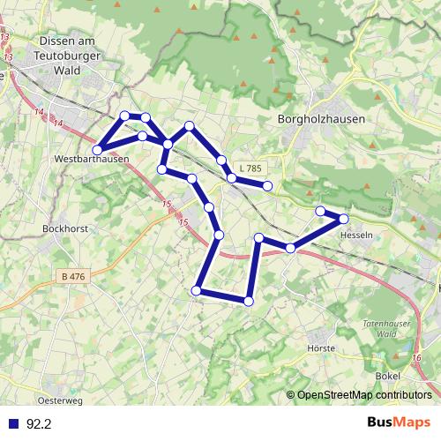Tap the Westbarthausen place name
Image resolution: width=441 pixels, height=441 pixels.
click(92, 160)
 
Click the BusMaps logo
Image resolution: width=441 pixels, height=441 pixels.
click(398, 423)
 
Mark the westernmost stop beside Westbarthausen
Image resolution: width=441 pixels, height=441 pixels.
click(97, 150)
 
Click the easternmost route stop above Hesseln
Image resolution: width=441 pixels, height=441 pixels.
click(344, 218)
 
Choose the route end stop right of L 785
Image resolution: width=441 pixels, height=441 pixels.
click(267, 185)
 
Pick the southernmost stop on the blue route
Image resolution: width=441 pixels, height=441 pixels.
click(249, 301)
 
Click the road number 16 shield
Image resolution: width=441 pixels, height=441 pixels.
click(415, 357)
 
